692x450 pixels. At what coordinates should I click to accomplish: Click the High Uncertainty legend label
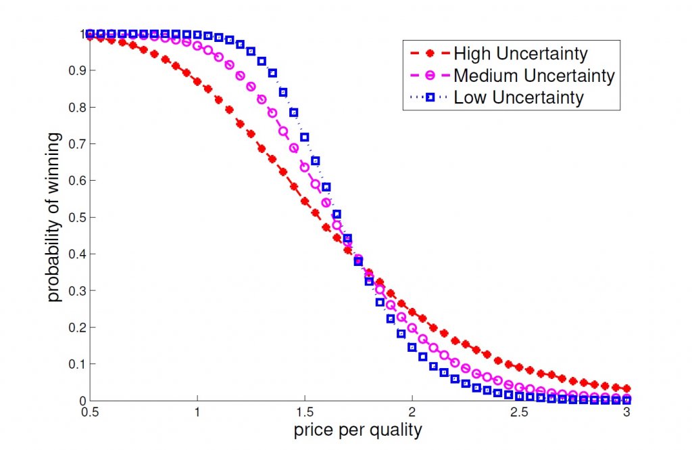[x=520, y=53]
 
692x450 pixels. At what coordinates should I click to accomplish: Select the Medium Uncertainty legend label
[x=534, y=75]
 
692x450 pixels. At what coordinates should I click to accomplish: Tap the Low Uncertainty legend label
[x=518, y=97]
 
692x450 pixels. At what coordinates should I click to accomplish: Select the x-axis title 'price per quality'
[x=357, y=429]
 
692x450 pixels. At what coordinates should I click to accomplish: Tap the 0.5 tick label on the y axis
[x=70, y=217]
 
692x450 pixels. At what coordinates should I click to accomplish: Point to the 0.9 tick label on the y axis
[x=70, y=70]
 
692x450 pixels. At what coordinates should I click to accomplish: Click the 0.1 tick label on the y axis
[x=70, y=364]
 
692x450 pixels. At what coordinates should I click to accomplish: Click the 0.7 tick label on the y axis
[x=70, y=144]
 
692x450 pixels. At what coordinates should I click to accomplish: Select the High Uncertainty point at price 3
[x=626, y=388]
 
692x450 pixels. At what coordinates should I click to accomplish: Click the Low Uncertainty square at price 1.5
[x=304, y=137]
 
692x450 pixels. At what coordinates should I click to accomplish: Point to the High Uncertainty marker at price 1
[x=197, y=81]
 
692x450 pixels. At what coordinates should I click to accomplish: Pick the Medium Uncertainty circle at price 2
[x=412, y=328]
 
